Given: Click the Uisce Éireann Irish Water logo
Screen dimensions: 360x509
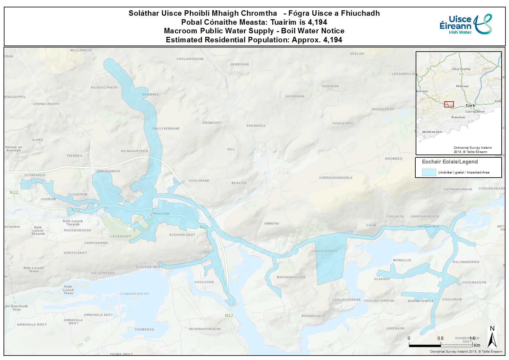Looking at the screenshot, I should [465, 24].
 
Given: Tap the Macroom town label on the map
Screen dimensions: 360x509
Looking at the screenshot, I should [161, 213].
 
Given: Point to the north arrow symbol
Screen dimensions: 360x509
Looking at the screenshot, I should [492, 337].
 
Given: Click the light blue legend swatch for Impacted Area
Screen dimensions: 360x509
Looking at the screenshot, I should [429, 172].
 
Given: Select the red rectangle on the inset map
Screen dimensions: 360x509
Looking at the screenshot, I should [449, 104].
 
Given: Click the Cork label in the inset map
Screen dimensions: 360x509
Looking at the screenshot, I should [470, 105].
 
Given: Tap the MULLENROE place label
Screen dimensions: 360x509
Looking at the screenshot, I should [81, 50].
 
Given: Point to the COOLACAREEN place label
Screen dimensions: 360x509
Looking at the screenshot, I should [324, 251].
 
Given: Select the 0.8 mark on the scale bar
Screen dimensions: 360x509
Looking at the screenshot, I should [440, 338].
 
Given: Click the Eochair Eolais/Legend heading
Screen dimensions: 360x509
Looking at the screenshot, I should [450, 162].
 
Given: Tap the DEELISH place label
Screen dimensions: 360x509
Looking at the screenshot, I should [357, 54].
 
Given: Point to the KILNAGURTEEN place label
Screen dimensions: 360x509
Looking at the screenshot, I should [134, 151].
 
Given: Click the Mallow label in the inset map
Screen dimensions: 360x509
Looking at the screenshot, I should [462, 86].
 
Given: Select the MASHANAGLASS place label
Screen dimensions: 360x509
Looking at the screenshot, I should [291, 277].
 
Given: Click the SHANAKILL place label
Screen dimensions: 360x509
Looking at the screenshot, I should [256, 126].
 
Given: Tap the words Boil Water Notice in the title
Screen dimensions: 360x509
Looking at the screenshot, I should [313, 31].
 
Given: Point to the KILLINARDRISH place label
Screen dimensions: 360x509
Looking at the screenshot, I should [466, 262].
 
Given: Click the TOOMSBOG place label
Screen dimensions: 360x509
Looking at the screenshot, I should [144, 330].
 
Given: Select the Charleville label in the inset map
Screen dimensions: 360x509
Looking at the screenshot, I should [461, 69].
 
